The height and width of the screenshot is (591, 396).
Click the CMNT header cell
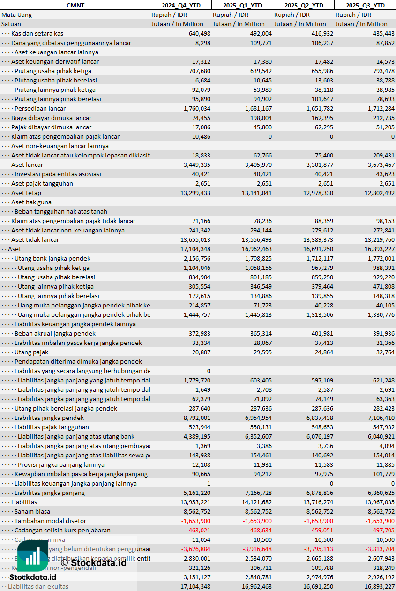pyautogui.click(x=75, y=5)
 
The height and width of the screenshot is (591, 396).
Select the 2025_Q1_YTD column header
pyautogui.click(x=242, y=5)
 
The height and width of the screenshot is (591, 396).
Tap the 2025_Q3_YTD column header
pyautogui.click(x=365, y=5)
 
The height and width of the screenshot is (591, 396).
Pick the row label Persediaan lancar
pyautogui.click(x=40, y=108)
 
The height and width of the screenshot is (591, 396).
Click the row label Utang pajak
pyautogui.click(x=31, y=352)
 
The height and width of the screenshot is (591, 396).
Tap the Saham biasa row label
pyautogui.click(x=32, y=511)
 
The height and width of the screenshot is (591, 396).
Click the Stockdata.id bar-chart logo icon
pyautogui.click(x=32, y=557)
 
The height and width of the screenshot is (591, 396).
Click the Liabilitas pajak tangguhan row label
pyautogui.click(x=52, y=427)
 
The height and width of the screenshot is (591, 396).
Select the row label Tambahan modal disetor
pyautogui.click(x=50, y=521)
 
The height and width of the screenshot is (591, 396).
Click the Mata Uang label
pyautogui.click(x=17, y=15)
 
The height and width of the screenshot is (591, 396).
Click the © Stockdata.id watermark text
pyautogui.click(x=93, y=563)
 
